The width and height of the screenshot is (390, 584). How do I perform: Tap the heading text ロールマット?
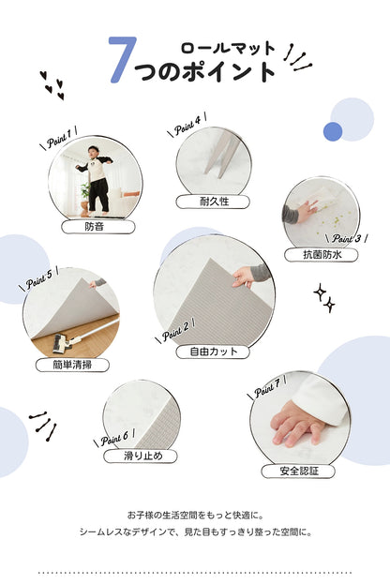coord(227,48)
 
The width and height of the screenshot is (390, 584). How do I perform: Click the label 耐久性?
coord(213,201)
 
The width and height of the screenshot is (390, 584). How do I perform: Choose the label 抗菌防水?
coord(321,254)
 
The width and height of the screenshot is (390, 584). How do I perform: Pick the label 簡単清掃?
coord(71,365)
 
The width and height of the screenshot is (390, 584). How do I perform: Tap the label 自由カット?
coord(213,352)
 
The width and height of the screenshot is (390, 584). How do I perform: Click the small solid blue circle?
coord(333,131)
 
